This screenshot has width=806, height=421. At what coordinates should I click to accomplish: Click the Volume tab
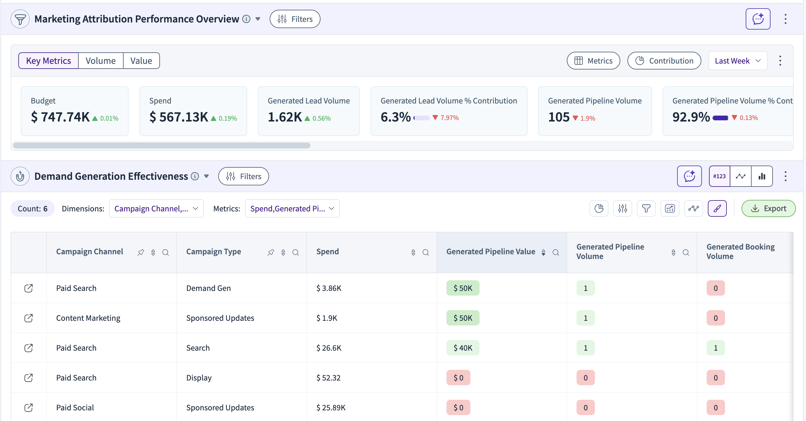click(x=101, y=61)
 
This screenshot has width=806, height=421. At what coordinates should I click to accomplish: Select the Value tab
click(x=141, y=61)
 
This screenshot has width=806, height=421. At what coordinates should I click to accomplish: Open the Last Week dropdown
click(x=737, y=61)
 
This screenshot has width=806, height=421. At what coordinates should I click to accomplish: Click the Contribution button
click(x=664, y=61)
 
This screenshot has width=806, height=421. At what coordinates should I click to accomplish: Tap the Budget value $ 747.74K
click(x=60, y=117)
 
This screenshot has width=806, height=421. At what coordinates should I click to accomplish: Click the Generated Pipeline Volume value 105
click(x=559, y=117)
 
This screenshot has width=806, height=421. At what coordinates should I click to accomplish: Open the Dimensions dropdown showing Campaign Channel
click(x=156, y=208)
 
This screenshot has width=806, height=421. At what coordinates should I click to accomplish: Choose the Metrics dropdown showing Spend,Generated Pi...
click(x=292, y=208)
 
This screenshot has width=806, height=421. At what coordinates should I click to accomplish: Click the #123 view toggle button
click(x=719, y=176)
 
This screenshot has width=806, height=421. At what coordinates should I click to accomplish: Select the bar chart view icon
click(x=762, y=176)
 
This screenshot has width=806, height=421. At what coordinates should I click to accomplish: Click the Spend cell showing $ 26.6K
click(x=328, y=348)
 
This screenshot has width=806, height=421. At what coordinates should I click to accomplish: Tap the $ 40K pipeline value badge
click(x=463, y=348)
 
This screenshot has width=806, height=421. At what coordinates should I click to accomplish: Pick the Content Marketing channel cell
click(x=88, y=318)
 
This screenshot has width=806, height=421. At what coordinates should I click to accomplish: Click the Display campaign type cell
click(x=199, y=378)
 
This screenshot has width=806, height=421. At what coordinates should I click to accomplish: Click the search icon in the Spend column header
click(x=425, y=252)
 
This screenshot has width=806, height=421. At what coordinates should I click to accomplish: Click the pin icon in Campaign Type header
click(x=271, y=252)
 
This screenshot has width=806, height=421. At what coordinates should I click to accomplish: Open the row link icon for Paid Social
click(x=28, y=408)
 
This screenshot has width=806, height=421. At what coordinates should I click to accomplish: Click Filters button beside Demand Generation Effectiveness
click(x=243, y=176)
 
